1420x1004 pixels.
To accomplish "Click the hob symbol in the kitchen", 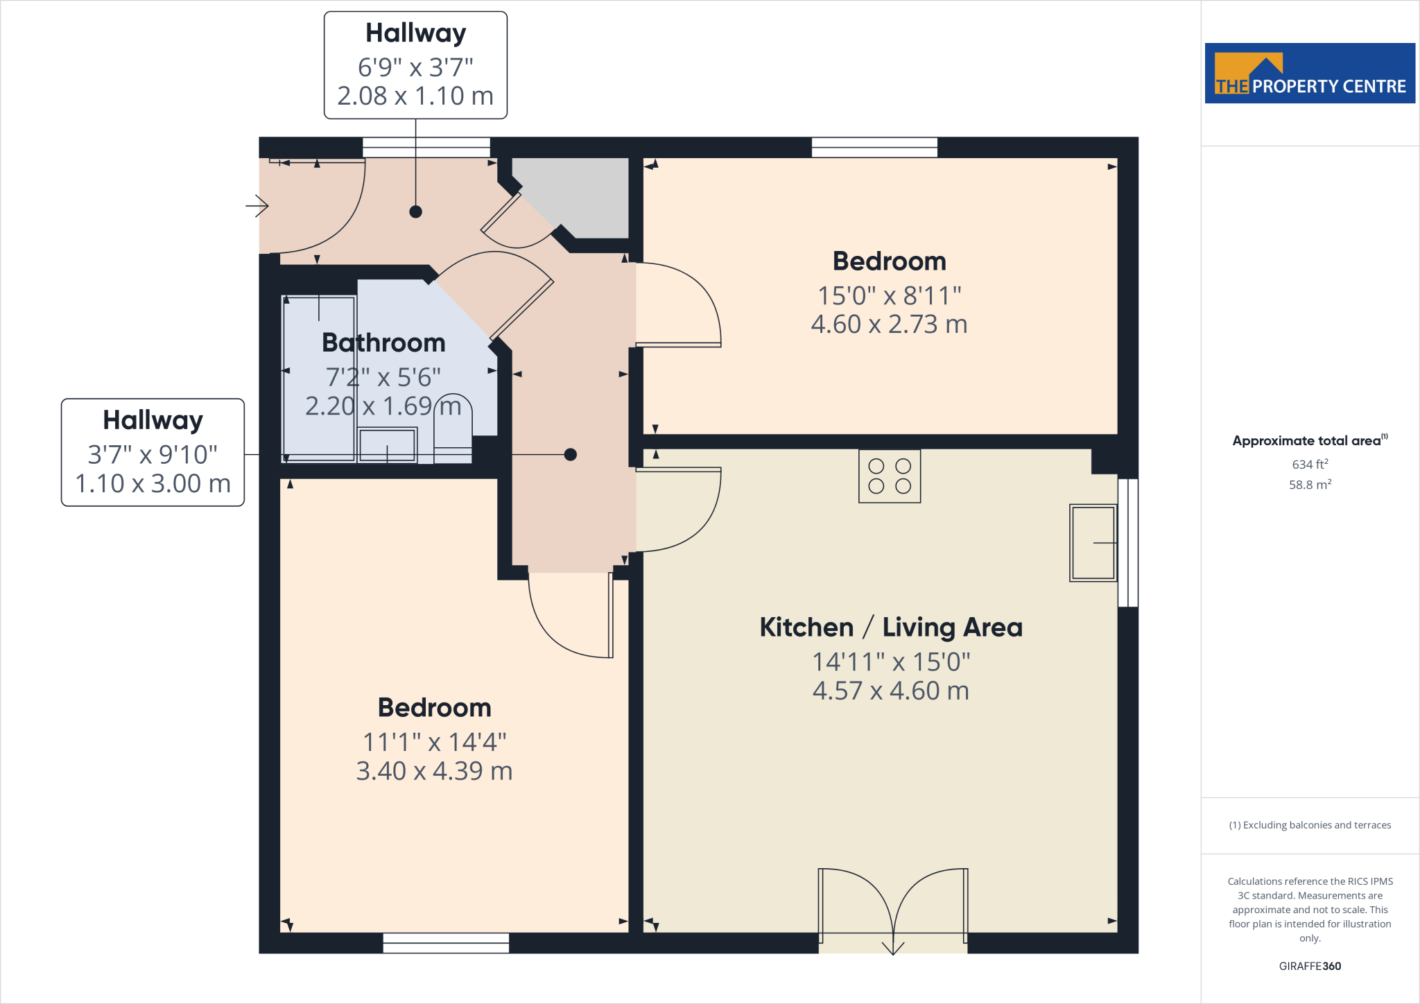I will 890,476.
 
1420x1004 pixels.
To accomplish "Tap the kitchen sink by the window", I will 1093,543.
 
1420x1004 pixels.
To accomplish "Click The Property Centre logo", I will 1310,73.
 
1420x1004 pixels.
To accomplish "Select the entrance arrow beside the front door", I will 257,205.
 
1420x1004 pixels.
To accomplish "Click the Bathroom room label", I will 383,343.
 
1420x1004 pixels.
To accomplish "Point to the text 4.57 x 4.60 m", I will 890,691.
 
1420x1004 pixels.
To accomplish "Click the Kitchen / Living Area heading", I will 890,627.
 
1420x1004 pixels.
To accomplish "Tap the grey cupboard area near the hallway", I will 582,194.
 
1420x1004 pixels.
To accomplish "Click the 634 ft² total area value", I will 1310,464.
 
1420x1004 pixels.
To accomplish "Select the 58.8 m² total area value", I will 1310,485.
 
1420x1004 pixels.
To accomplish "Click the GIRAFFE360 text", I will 1310,966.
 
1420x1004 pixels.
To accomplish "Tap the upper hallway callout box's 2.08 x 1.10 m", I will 415,96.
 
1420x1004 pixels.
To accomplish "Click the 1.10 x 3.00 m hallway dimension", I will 153,483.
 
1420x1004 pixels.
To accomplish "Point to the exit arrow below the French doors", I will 893,947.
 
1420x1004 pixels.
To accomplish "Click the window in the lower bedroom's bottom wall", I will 446,943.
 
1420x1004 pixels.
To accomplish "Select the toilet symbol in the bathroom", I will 453,430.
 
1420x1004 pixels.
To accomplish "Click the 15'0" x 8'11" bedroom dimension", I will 890,295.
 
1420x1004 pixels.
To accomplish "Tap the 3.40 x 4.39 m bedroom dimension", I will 434,770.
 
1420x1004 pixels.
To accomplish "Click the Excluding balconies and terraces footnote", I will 1310,825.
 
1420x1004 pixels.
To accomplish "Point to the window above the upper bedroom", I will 874,147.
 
